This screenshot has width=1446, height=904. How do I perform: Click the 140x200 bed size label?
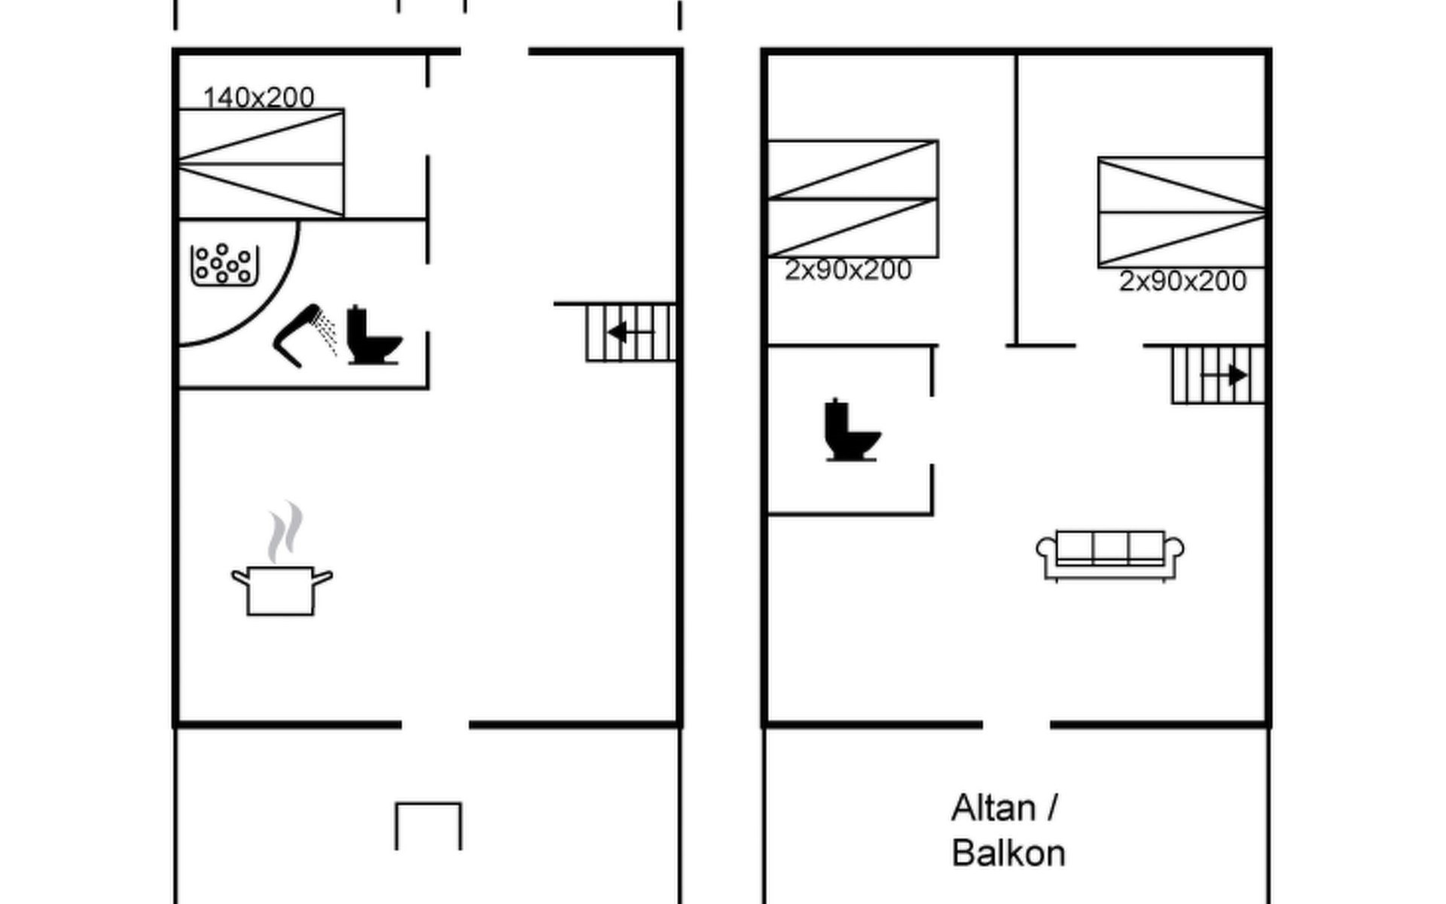(x=258, y=97)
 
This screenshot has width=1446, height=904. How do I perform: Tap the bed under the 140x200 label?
(x=261, y=163)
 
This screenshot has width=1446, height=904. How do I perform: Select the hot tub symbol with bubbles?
(x=224, y=264)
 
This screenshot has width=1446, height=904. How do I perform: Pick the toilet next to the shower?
(x=373, y=336)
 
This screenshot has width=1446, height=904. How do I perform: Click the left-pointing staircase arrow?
(x=630, y=332)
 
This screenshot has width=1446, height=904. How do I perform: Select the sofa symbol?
(x=1110, y=555)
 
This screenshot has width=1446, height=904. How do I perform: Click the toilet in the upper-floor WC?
(x=851, y=430)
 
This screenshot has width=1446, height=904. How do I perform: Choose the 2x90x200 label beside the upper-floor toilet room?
(x=848, y=270)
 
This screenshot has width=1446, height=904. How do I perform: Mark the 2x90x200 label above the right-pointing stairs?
(x=1182, y=281)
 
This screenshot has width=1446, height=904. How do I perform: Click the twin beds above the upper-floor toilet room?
(x=853, y=199)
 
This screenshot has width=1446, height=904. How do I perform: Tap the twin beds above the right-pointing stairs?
(x=1182, y=212)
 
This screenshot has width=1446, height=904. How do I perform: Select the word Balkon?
(x=1008, y=854)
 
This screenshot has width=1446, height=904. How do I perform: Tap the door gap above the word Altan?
(x=1016, y=725)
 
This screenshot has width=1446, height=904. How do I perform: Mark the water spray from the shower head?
(x=326, y=331)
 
